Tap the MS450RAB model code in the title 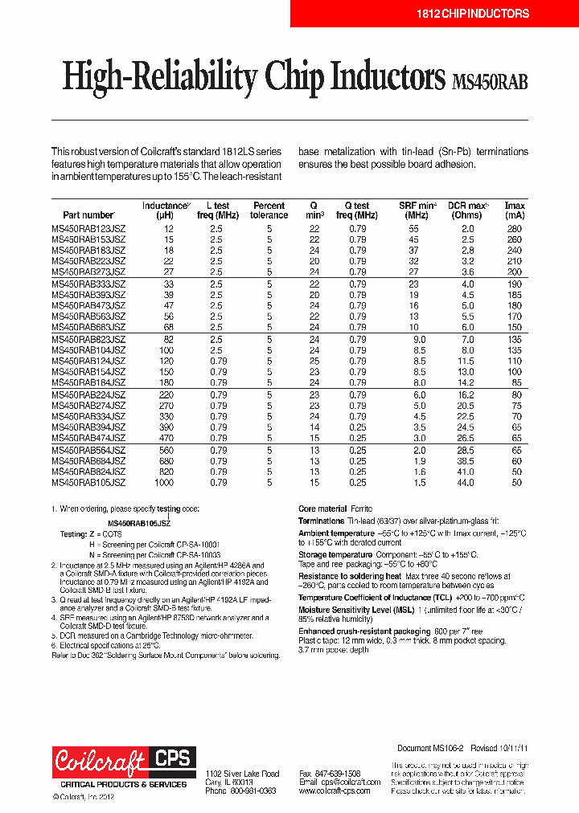coord(491,82)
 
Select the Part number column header coord(88,215)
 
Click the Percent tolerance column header coord(269,210)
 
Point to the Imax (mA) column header coord(515,210)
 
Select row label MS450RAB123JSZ coord(88,229)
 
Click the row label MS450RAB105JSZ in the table coord(88,483)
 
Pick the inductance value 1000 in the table coord(164,483)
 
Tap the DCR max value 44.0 coord(466,483)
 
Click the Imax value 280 coord(515,229)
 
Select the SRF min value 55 coord(413,229)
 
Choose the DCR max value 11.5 coord(466,361)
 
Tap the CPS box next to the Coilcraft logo coord(170,758)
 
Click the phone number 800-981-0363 coord(252,791)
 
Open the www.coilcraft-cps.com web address coord(335,791)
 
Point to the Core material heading coord(322,509)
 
